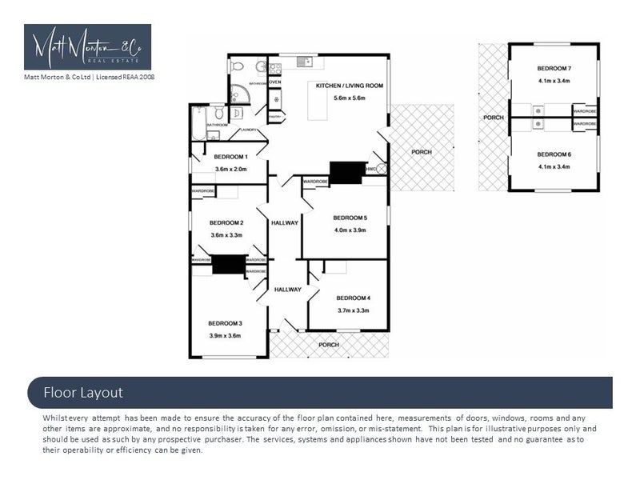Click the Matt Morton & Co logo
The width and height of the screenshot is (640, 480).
tap(87, 46)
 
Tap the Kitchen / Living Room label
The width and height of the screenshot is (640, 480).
tap(350, 86)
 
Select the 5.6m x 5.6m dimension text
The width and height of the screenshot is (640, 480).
tap(350, 98)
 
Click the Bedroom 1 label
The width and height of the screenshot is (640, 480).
tap(230, 157)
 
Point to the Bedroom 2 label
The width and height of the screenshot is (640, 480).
tap(226, 222)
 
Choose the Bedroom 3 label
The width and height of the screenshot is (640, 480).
tap(225, 323)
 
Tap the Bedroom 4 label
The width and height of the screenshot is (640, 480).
tap(353, 298)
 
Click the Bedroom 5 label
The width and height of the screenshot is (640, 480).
tap(350, 218)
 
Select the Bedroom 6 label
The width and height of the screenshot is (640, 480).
tap(554, 154)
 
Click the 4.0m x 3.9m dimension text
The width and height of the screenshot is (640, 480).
tap(350, 230)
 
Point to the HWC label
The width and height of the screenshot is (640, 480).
tap(371, 169)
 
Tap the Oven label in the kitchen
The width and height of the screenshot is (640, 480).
tap(274, 82)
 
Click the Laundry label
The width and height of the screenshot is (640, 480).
tap(249, 130)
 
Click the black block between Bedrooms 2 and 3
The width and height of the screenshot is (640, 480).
tap(228, 265)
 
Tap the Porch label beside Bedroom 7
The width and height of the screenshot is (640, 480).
tap(493, 118)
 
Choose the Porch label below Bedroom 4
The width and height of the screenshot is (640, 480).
tap(328, 345)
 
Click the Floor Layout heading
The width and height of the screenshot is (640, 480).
tap(83, 393)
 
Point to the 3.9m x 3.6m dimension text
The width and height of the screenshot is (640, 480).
tap(225, 336)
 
